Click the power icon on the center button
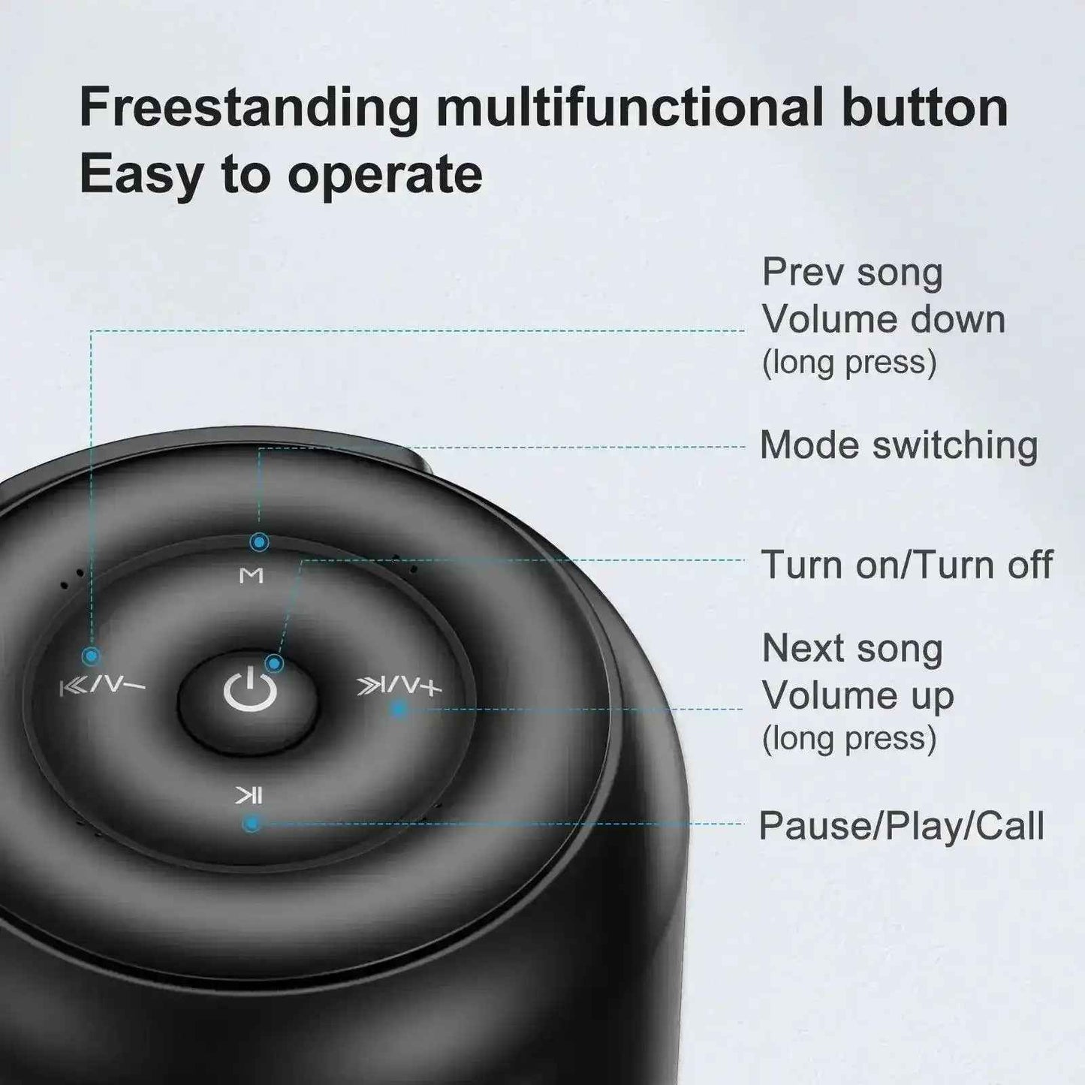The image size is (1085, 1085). (x=251, y=690)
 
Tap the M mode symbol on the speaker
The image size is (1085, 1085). (x=251, y=575)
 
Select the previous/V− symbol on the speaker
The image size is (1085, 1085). (x=103, y=687)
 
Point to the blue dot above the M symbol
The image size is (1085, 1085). (x=259, y=542)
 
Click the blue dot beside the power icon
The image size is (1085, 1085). (x=274, y=663)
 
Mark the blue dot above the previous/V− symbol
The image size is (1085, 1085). (x=91, y=656)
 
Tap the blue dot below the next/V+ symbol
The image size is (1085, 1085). (x=399, y=708)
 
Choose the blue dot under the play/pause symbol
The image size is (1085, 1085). (x=252, y=824)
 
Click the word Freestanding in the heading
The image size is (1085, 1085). (x=249, y=109)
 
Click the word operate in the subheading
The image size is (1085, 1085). (x=385, y=175)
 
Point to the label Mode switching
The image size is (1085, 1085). (x=899, y=445)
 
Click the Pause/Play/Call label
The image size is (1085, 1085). (x=902, y=825)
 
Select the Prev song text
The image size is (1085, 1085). (x=852, y=273)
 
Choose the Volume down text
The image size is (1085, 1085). (x=884, y=319)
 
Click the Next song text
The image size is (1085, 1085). (x=852, y=649)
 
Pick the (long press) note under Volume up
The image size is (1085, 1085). (x=849, y=738)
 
